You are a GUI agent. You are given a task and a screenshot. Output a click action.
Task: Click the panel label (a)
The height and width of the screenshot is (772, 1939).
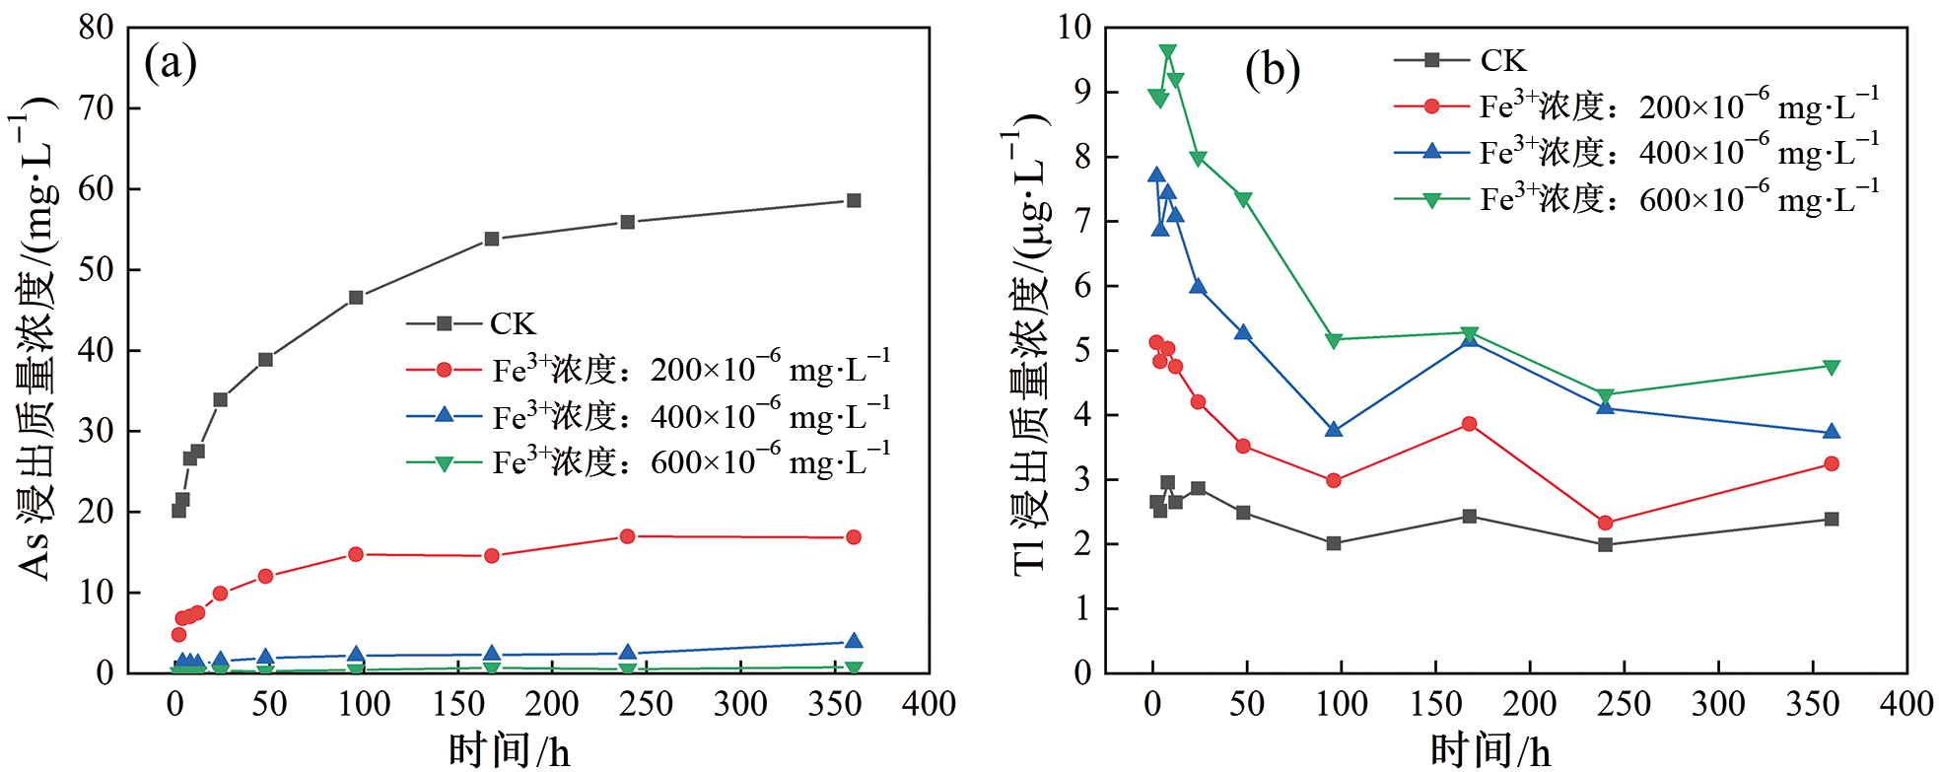(x=171, y=64)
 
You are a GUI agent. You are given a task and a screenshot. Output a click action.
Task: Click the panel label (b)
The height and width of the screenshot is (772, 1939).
(x=1272, y=70)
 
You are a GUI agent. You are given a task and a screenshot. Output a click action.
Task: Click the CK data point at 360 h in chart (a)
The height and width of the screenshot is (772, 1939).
(x=854, y=200)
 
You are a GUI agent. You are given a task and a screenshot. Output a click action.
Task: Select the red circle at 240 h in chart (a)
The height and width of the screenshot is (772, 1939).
(x=628, y=536)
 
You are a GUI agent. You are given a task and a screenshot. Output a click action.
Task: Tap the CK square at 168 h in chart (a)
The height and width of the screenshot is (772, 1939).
(x=492, y=239)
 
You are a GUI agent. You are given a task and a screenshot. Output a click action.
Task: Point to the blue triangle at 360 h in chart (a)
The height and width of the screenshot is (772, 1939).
(x=854, y=642)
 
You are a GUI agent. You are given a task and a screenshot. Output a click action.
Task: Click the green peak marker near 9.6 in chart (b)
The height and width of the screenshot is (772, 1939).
(x=1167, y=52)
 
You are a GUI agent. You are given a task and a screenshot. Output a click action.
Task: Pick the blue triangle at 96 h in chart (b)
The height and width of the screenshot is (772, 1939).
(x=1334, y=430)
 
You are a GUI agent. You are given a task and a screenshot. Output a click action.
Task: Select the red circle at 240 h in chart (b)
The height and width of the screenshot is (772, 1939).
(x=1605, y=523)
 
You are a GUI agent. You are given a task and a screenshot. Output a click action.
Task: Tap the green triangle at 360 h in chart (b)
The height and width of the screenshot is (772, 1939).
(x=1832, y=367)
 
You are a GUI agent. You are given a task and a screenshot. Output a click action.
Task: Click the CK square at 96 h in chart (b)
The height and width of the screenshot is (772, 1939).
(x=1334, y=543)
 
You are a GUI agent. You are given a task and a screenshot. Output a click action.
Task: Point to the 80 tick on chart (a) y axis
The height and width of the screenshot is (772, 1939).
(x=96, y=28)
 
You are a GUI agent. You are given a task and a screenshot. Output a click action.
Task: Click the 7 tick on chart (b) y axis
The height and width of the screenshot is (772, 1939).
(x=1082, y=221)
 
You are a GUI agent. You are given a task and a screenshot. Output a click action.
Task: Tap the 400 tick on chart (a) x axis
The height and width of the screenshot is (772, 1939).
(x=929, y=704)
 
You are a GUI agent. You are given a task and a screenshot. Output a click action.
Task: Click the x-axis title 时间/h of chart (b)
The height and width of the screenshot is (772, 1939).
(x=1490, y=751)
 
